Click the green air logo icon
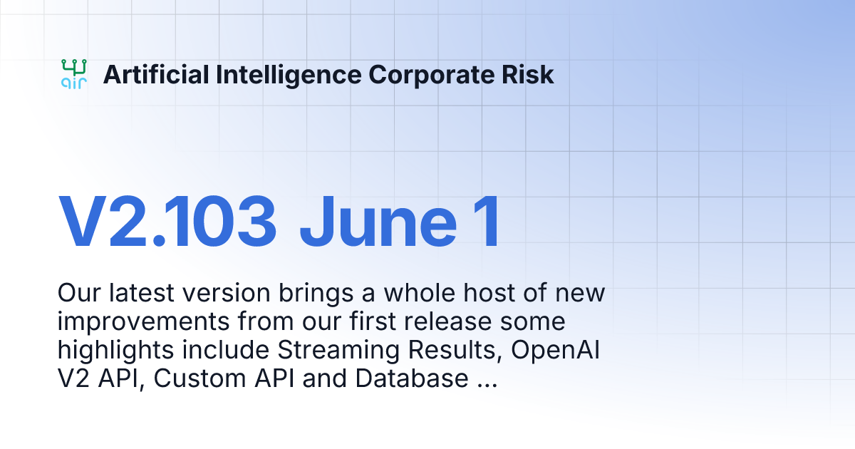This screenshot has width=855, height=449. click(74, 74)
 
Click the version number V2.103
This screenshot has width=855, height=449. click(167, 222)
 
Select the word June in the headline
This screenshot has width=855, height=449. click(378, 222)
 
